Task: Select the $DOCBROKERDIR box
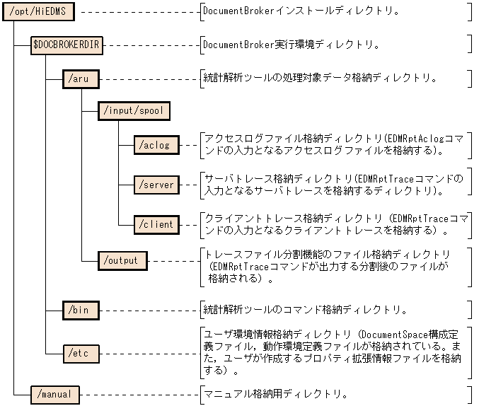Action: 67,45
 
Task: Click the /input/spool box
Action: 133,111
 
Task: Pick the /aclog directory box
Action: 156,145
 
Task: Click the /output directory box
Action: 122,260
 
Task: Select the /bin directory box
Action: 80,310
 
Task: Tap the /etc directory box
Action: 80,352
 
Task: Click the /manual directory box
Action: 55,393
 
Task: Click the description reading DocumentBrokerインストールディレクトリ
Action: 301,11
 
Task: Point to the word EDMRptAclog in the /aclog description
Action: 415,138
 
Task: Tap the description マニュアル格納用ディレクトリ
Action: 276,393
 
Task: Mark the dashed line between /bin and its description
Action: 149,310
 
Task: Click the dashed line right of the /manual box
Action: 139,393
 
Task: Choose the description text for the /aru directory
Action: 318,79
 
